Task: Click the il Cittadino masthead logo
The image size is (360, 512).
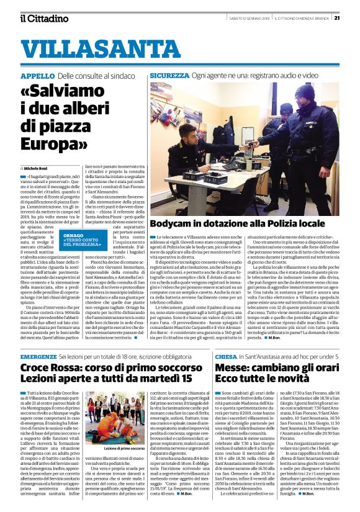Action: [44, 18]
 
